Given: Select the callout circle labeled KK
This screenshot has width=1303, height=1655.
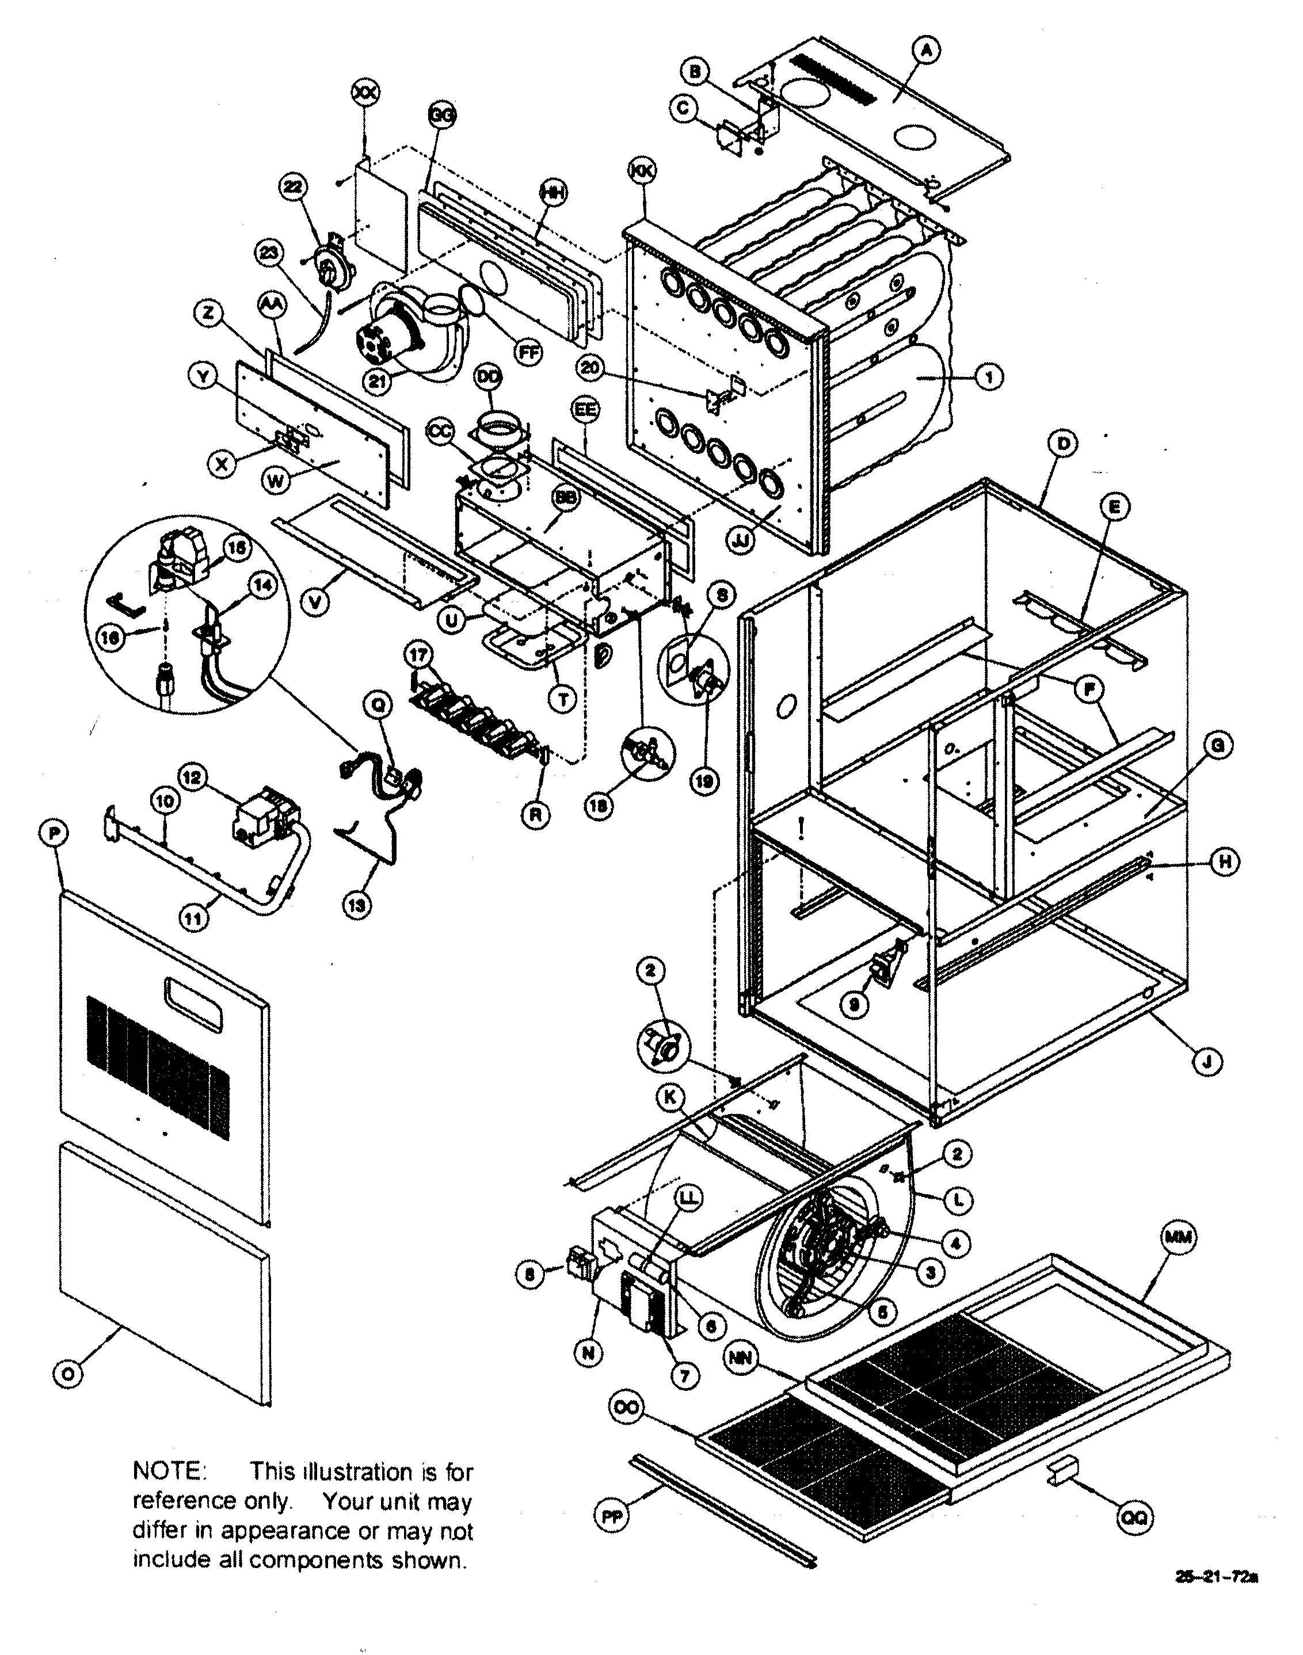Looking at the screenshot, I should pyautogui.click(x=641, y=171).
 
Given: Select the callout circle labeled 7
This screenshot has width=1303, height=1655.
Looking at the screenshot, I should pyautogui.click(x=684, y=1375).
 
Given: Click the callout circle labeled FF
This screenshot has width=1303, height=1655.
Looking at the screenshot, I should pyautogui.click(x=525, y=353).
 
